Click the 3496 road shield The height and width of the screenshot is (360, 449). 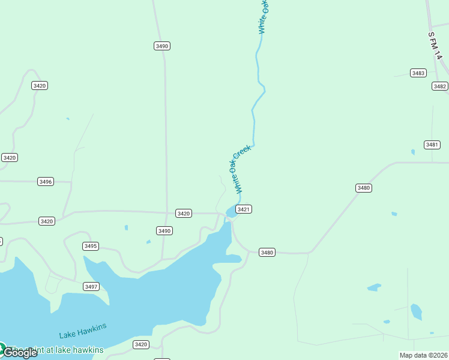(x=46, y=181)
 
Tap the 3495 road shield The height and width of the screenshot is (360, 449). (x=91, y=246)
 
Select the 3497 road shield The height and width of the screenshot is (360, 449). (x=91, y=287)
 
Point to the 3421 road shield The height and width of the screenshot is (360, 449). (x=243, y=209)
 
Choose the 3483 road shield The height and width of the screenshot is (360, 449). (x=418, y=73)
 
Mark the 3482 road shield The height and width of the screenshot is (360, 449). (x=439, y=86)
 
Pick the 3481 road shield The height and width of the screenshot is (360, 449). (x=432, y=145)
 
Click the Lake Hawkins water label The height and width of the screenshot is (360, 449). (x=83, y=331)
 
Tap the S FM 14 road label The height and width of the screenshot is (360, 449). (x=435, y=45)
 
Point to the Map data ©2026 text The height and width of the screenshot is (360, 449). (x=424, y=355)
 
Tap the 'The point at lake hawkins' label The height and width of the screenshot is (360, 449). (x=56, y=350)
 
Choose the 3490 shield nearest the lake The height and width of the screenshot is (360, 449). (x=164, y=230)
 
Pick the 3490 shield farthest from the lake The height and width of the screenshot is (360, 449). (x=161, y=46)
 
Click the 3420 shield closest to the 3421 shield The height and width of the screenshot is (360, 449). (x=184, y=214)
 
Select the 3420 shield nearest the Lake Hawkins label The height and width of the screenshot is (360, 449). (x=140, y=344)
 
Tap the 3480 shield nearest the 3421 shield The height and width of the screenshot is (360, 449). (x=267, y=253)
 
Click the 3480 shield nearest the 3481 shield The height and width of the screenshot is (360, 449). (x=364, y=188)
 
